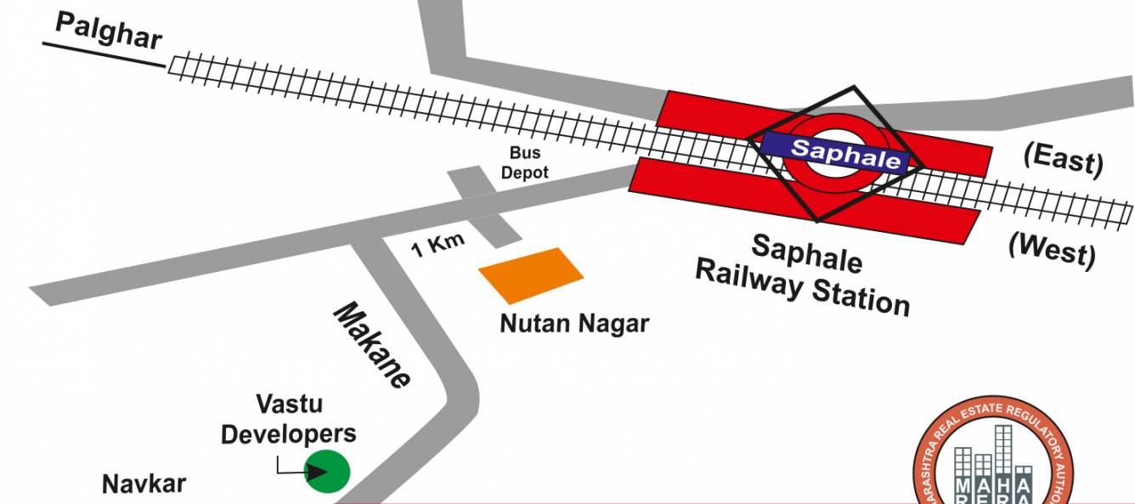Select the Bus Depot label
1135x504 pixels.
tap(524, 162)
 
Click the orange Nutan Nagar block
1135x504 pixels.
tap(531, 275)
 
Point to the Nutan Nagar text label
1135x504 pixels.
tap(574, 324)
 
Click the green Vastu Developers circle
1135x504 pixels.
tap(328, 471)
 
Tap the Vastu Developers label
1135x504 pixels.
tap(289, 418)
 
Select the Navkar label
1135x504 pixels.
tap(144, 484)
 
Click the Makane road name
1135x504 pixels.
tap(371, 345)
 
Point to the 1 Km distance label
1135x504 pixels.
tap(438, 245)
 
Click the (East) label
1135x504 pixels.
tap(1064, 159)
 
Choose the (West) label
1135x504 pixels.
tap(1052, 249)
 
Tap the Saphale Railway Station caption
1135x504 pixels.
tap(803, 273)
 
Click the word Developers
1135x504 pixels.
tap(289, 433)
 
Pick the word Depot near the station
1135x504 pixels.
tap(524, 172)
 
